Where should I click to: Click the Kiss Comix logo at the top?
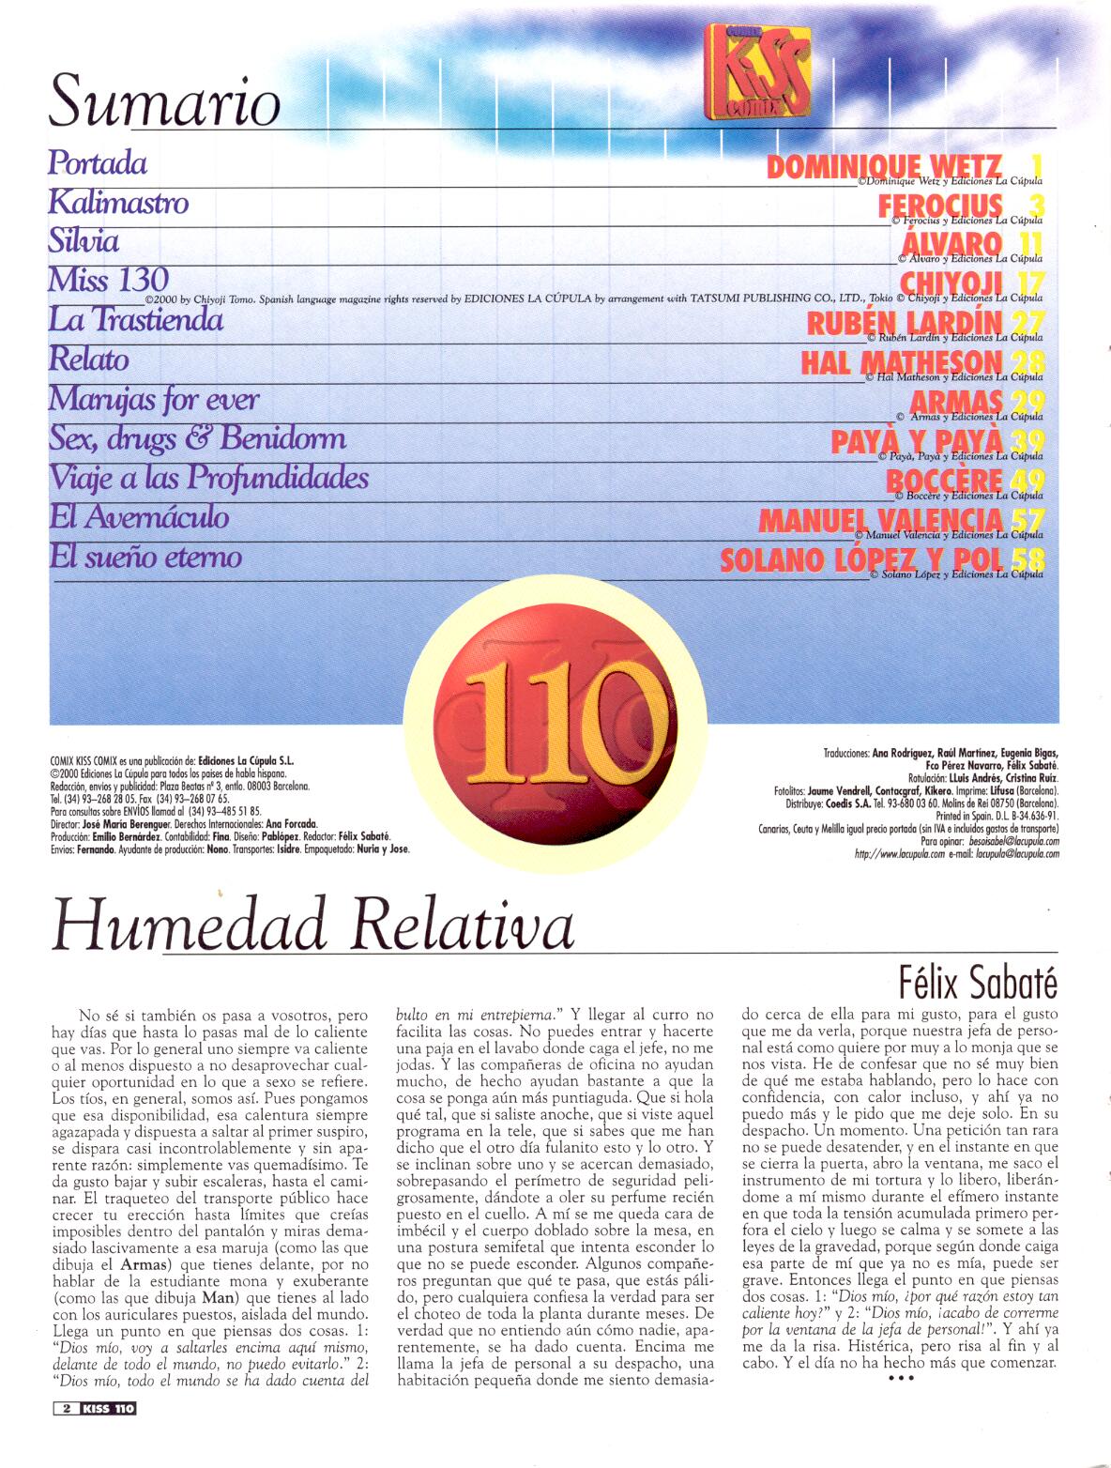[757, 73]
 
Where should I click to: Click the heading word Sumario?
[164, 100]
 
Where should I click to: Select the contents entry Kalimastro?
[118, 202]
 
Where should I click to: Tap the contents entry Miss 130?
[108, 280]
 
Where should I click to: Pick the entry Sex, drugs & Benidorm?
[197, 438]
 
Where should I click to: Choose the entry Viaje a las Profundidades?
[208, 478]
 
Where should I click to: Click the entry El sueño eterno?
[145, 557]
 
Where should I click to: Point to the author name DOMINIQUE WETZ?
[884, 168]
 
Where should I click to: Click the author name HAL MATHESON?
[901, 362]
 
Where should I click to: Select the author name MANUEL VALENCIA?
[880, 519]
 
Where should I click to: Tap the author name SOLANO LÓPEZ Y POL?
[860, 559]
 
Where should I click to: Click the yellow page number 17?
[1028, 283]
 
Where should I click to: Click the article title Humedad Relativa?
[312, 925]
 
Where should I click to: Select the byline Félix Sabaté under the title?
[978, 982]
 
